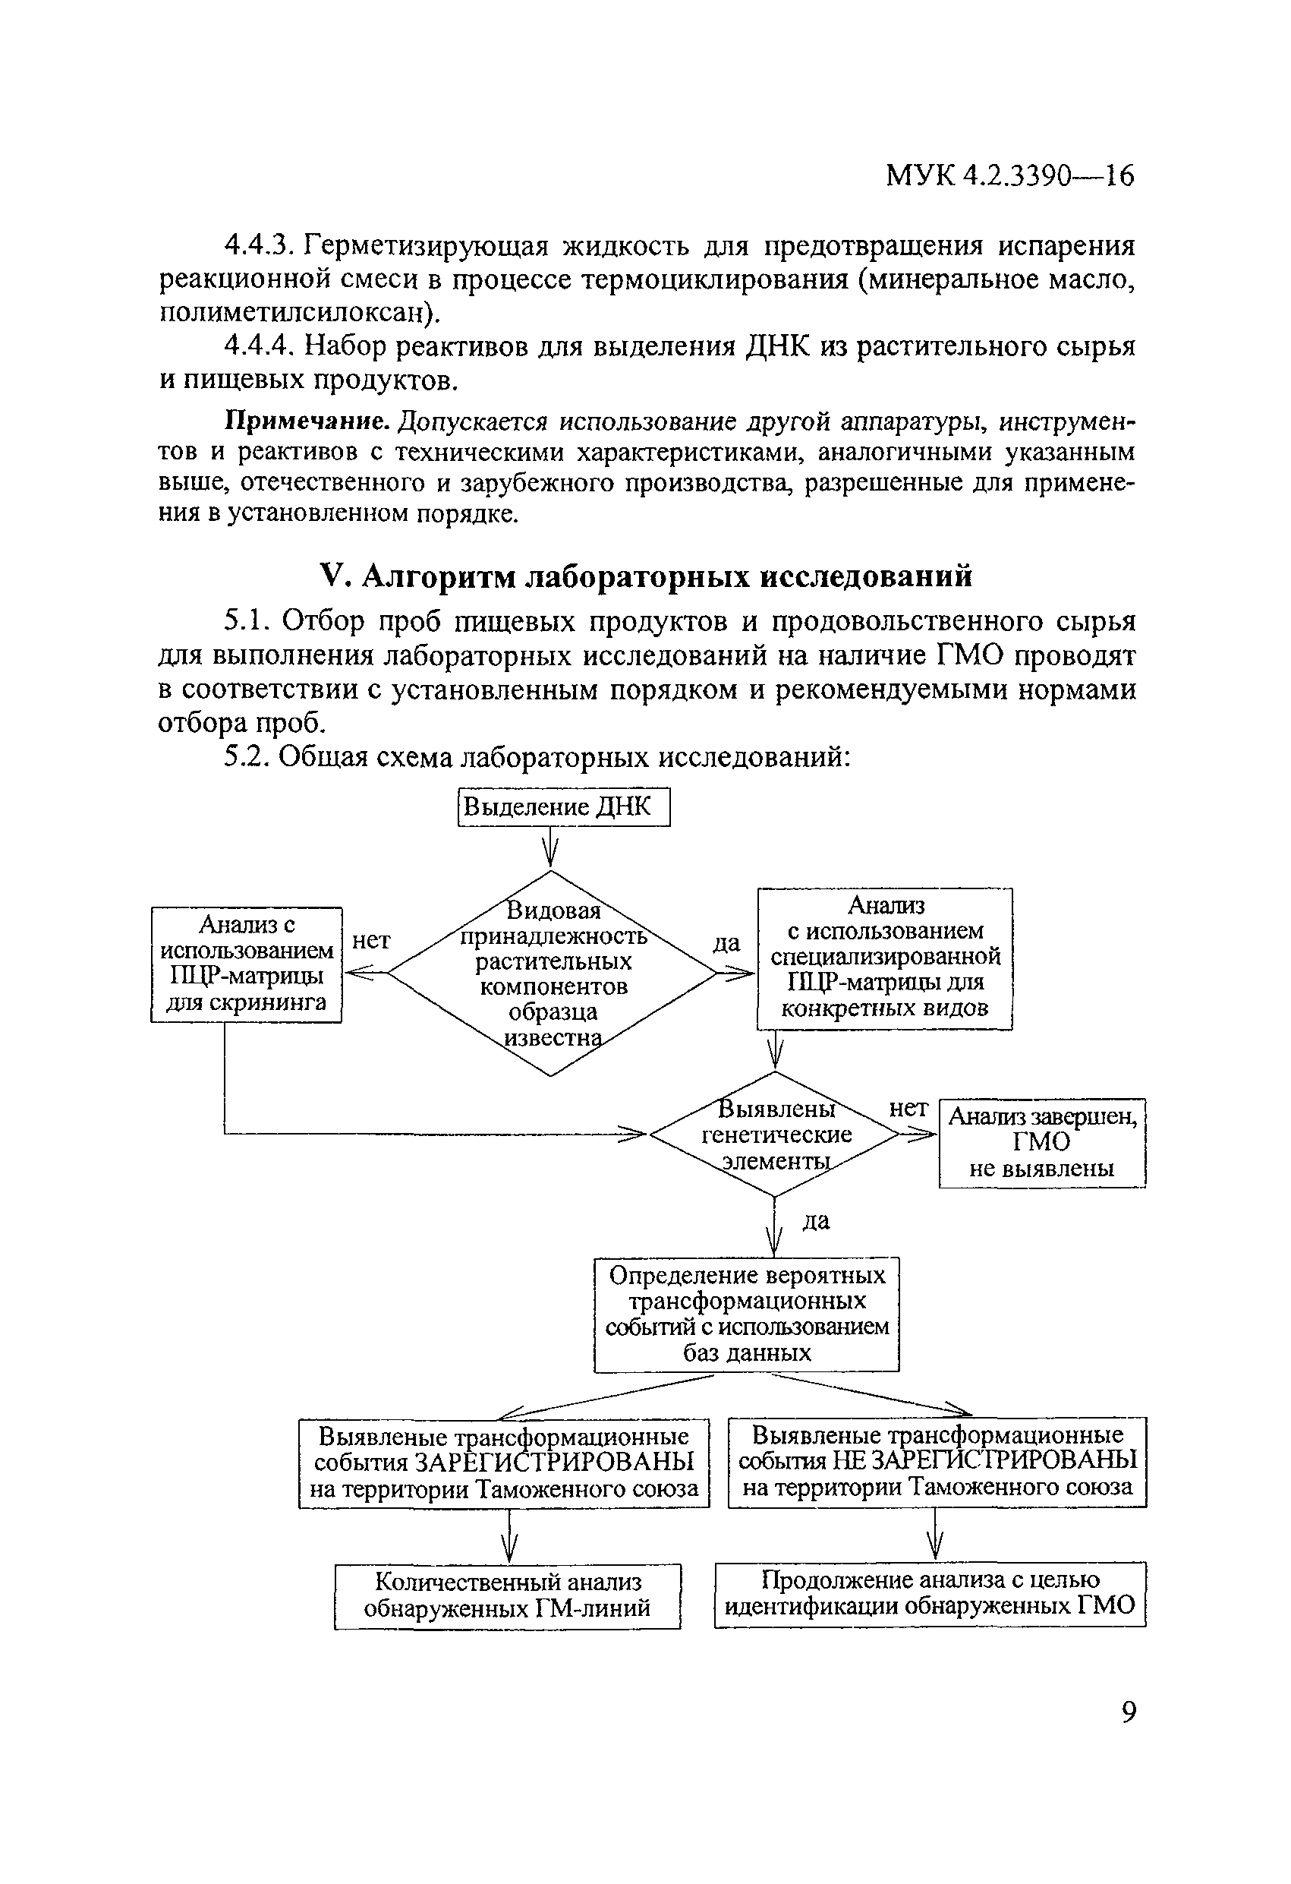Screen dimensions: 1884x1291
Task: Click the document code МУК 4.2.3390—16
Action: tap(1009, 175)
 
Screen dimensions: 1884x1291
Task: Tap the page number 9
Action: tap(1129, 1712)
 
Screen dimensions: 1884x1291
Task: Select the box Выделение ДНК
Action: tap(564, 806)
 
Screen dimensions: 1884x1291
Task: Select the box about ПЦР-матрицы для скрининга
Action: tap(247, 964)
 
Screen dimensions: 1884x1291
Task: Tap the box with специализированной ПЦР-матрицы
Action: tap(884, 958)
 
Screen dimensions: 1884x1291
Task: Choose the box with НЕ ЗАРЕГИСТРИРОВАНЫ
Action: tap(937, 1462)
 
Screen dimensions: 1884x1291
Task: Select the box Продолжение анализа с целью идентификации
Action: tap(930, 1594)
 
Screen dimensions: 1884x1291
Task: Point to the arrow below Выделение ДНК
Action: tap(551, 847)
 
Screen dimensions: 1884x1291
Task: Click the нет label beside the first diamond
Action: tap(371, 940)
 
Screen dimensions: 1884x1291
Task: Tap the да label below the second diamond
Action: tap(815, 1221)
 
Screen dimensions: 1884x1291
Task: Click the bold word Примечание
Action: tap(307, 421)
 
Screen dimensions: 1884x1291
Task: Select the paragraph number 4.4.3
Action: tap(259, 245)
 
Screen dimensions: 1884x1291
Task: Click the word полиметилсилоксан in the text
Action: tap(291, 312)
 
